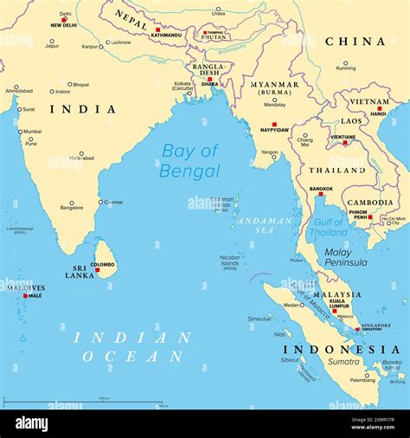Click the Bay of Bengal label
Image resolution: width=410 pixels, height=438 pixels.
(189, 161)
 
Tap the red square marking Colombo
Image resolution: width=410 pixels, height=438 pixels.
(97, 270)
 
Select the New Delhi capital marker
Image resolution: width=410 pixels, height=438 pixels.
(63, 19)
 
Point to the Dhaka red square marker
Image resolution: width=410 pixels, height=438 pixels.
(208, 79)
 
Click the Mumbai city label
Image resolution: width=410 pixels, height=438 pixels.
(32, 132)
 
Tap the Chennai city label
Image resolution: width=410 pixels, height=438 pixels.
(112, 202)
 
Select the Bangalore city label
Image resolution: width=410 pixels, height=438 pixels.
(72, 209)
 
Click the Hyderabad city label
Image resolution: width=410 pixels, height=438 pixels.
(81, 158)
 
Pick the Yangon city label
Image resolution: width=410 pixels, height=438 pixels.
(270, 152)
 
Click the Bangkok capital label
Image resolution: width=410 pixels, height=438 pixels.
(321, 188)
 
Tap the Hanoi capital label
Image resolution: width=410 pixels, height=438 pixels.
(378, 113)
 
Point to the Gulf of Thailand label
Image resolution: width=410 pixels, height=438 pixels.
(329, 228)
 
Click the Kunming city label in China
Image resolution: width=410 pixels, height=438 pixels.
(346, 69)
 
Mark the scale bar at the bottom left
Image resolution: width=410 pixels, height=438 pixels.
(82, 402)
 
